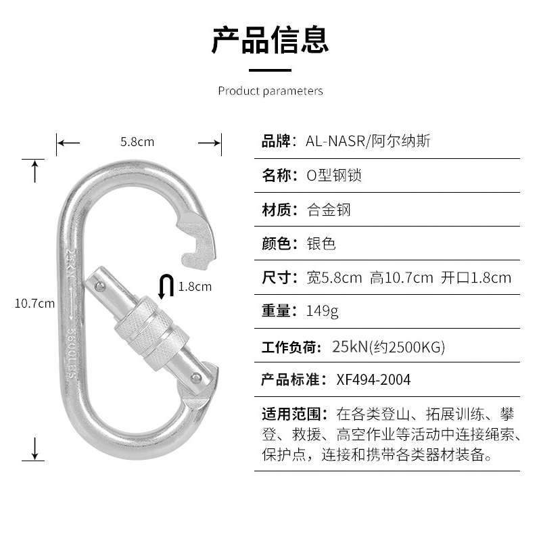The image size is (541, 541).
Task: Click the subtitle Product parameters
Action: pyautogui.click(x=270, y=91)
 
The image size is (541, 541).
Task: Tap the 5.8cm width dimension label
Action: pyautogui.click(x=137, y=142)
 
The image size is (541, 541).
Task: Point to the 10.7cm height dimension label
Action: pyautogui.click(x=34, y=304)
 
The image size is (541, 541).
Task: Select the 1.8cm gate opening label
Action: pyautogui.click(x=195, y=287)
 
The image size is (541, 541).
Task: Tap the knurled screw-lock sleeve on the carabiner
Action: pyautogui.click(x=149, y=332)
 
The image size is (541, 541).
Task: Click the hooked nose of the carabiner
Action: pyautogui.click(x=199, y=240)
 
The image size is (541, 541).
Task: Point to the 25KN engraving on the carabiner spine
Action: pyautogui.click(x=71, y=264)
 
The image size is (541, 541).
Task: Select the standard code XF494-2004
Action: pyautogui.click(x=373, y=379)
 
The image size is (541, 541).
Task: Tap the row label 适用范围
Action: pyautogui.click(x=294, y=413)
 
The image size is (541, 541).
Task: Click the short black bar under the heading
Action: pyautogui.click(x=270, y=70)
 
